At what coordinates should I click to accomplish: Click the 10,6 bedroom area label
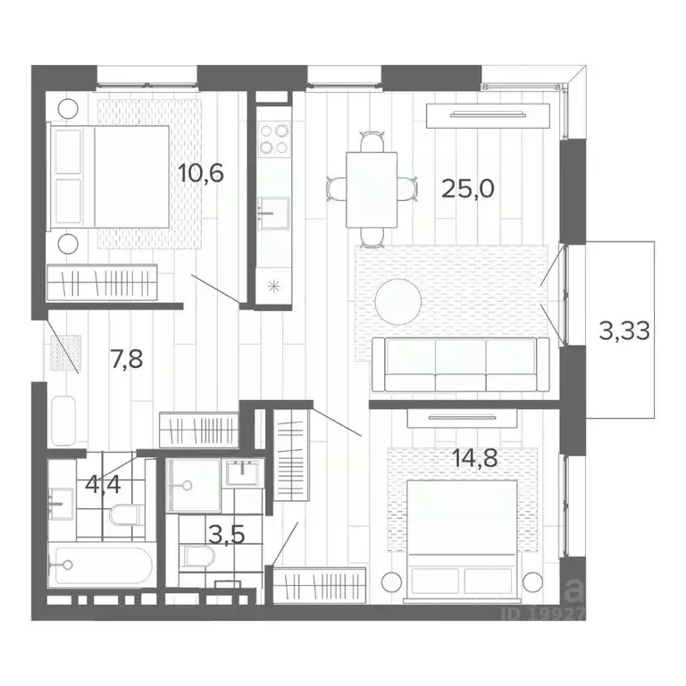[x=199, y=171]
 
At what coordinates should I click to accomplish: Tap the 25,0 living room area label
[x=467, y=188]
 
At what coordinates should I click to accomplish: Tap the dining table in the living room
[x=372, y=188]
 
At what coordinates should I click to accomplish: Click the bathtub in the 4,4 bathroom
[x=101, y=565]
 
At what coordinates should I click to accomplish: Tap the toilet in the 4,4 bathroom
[x=125, y=514]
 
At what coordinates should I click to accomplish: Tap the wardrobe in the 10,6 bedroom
[x=102, y=284]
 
